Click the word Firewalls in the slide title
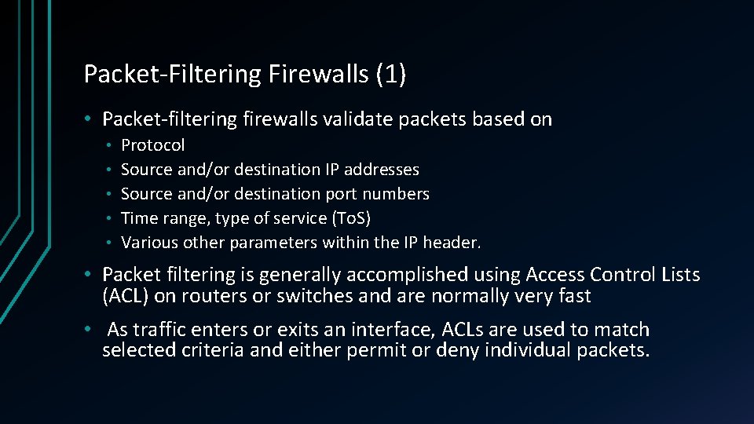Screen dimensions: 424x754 (319, 74)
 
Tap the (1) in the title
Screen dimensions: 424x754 (391, 74)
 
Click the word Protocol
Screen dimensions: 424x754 (153, 145)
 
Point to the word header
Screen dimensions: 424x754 (453, 242)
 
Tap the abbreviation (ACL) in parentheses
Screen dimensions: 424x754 (124, 296)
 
